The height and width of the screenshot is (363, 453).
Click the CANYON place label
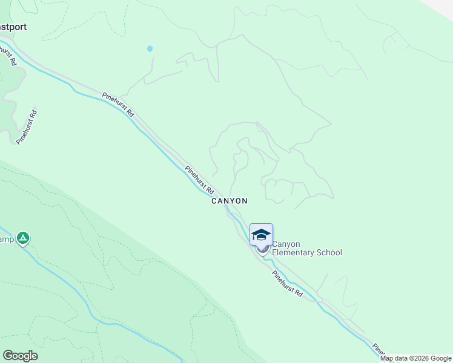[x=229, y=201]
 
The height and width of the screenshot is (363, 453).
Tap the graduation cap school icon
[x=261, y=235]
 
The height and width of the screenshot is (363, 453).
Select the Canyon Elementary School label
[x=306, y=249]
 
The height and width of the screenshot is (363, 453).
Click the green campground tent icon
[x=22, y=239]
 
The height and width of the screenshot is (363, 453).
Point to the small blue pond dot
[x=150, y=48]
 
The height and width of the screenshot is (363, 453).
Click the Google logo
[x=20, y=356]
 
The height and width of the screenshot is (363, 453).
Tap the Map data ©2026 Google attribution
[x=416, y=358]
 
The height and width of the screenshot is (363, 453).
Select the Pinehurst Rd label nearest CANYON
[x=200, y=180]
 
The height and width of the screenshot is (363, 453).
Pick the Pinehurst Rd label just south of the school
[x=287, y=283]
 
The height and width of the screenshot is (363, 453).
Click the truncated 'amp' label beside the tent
[x=6, y=239]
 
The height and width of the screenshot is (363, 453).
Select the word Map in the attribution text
[x=386, y=358]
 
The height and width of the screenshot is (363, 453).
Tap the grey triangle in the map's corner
[x=445, y=6]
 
